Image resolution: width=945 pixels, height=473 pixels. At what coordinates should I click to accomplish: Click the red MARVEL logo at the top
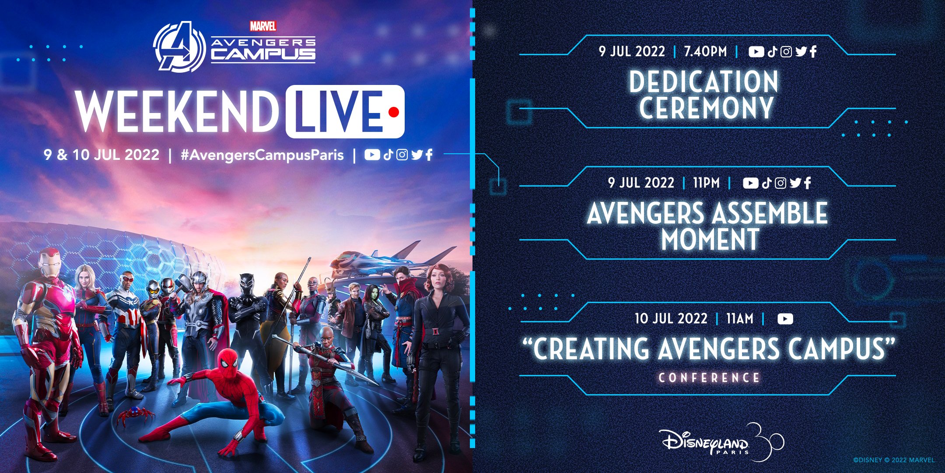click(263, 26)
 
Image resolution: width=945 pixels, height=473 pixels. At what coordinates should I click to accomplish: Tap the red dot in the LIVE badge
click(394, 113)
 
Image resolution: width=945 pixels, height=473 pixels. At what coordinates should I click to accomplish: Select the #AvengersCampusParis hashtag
click(262, 155)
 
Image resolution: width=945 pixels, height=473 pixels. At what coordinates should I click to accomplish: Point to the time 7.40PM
click(705, 52)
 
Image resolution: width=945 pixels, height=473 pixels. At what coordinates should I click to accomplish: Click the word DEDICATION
click(704, 82)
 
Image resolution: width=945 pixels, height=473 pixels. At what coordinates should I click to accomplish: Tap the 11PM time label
click(706, 183)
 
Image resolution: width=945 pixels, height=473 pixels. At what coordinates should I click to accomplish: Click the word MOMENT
click(710, 239)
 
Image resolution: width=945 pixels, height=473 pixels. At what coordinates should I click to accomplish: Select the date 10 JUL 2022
click(671, 318)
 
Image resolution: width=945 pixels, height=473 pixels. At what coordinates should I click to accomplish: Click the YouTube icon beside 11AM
click(785, 319)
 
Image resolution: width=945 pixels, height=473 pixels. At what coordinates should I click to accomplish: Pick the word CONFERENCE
click(709, 378)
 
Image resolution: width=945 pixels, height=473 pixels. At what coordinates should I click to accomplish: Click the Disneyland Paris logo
click(722, 442)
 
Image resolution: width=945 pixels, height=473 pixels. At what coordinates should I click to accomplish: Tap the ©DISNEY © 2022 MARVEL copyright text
click(894, 460)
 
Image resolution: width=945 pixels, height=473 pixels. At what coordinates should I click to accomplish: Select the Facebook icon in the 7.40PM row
click(813, 52)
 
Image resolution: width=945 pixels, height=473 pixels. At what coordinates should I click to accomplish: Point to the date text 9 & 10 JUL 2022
click(101, 155)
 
